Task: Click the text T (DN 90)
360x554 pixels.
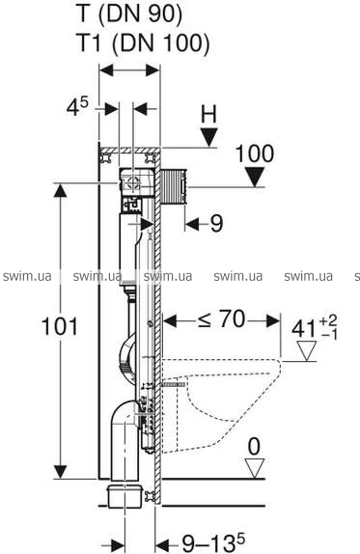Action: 129,14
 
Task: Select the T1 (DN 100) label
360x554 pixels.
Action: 143,42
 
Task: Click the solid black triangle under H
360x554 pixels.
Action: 208,137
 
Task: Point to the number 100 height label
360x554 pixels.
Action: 255,154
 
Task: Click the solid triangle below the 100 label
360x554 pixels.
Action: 255,178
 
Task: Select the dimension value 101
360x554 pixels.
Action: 59,326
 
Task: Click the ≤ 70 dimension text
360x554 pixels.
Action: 221,319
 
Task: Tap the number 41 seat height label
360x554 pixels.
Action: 303,330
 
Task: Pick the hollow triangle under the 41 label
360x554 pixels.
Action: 306,351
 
